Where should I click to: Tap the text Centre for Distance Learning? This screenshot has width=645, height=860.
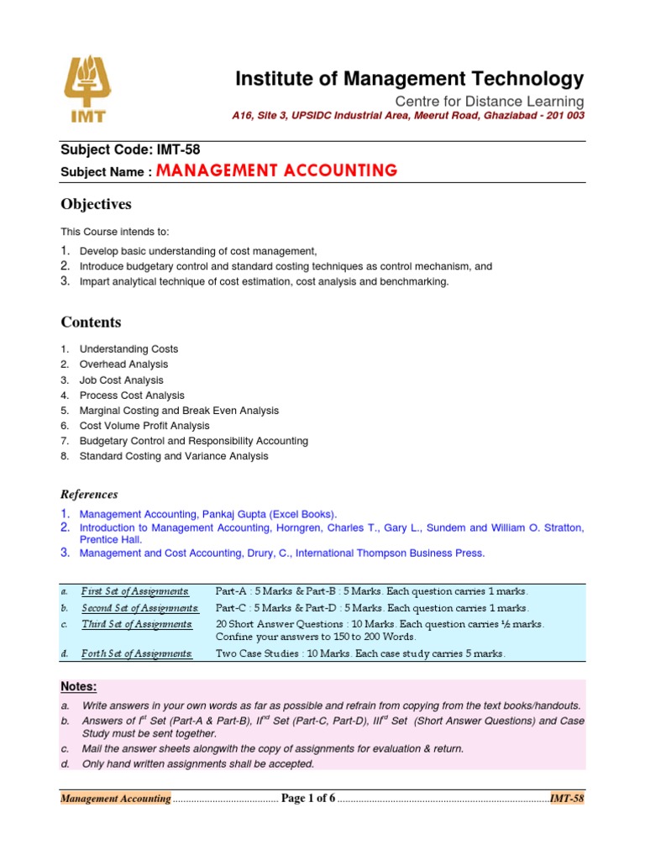click(490, 101)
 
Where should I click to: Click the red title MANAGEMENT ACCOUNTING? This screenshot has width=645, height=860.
click(276, 171)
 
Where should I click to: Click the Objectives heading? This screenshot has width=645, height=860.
click(96, 204)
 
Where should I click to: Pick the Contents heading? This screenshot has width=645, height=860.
click(91, 322)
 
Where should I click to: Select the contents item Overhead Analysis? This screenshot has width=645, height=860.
click(123, 364)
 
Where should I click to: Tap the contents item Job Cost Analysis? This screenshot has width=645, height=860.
click(121, 380)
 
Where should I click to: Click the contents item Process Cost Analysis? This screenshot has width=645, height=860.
click(132, 395)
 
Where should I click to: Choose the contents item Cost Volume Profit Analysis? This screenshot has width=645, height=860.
click(144, 426)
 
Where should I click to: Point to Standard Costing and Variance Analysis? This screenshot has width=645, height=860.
click(174, 456)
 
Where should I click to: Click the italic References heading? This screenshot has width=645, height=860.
click(89, 495)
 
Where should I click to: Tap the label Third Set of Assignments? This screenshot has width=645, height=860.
click(137, 624)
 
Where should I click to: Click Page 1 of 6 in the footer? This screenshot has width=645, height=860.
click(308, 798)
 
